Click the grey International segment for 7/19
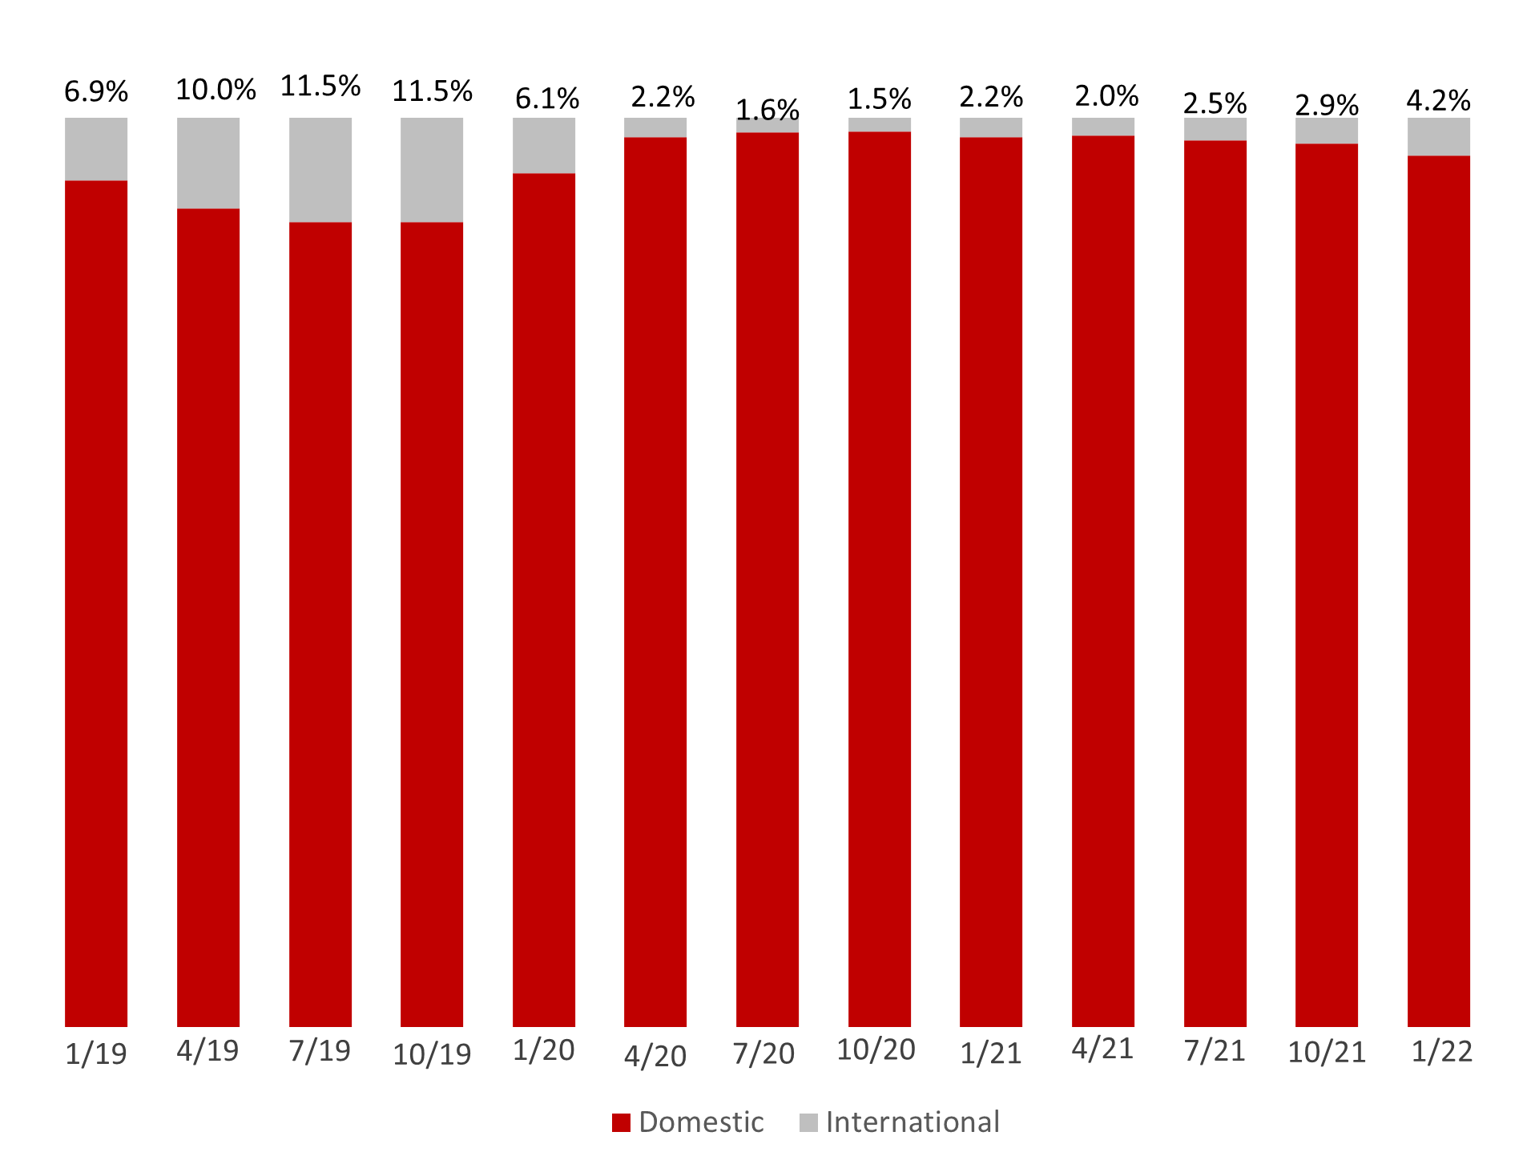point(320,170)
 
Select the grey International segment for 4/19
point(207,163)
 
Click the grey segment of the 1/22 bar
point(1438,137)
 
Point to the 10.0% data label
point(216,90)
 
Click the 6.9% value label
point(96,92)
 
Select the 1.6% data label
point(767,110)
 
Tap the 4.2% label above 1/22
point(1438,101)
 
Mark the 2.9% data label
point(1327,105)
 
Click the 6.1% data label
point(546,99)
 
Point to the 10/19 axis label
point(432,1054)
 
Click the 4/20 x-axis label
point(655,1056)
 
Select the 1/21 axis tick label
point(991,1053)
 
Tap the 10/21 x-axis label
point(1327,1052)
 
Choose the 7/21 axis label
point(1215,1050)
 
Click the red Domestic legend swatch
point(621,1122)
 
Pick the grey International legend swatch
point(808,1122)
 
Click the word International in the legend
point(913,1122)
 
